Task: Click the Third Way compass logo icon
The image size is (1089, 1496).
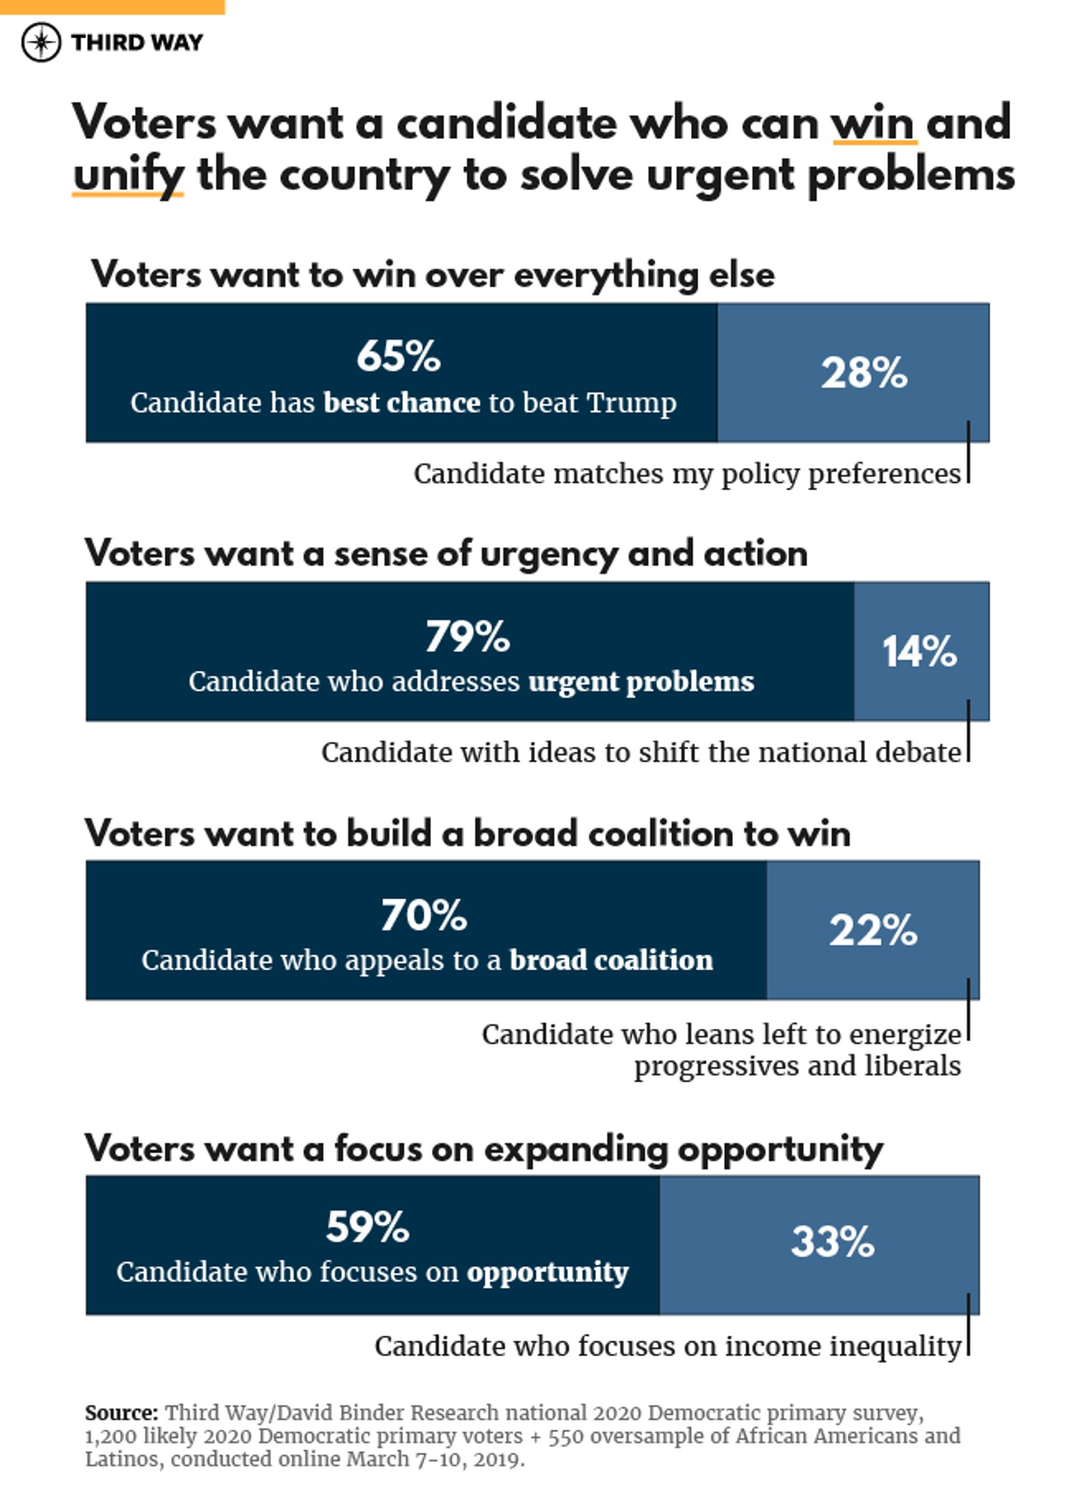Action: [x=41, y=43]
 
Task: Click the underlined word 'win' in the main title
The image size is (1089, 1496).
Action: [x=873, y=123]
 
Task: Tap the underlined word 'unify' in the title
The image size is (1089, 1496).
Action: [x=128, y=177]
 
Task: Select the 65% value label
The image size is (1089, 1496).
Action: [x=398, y=356]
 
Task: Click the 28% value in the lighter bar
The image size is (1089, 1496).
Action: [x=864, y=372]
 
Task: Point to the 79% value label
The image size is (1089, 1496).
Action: [x=467, y=637]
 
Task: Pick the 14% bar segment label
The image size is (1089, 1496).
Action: [x=920, y=652]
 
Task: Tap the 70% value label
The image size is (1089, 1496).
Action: [x=424, y=915]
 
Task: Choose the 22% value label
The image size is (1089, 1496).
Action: [x=873, y=930]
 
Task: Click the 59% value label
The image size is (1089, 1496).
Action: [x=367, y=1227]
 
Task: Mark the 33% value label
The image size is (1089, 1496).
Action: [x=832, y=1242]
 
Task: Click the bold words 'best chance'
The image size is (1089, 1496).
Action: [x=402, y=403]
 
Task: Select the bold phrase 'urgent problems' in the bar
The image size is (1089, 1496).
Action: [x=641, y=682]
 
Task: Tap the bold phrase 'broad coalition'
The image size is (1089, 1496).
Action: [x=611, y=960]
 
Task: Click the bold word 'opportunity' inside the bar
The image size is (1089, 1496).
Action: [x=547, y=1272]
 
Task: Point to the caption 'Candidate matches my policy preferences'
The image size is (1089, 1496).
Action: [x=687, y=474]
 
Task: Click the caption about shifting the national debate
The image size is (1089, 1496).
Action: [x=640, y=753]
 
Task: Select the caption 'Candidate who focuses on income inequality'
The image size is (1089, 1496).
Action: [x=667, y=1347]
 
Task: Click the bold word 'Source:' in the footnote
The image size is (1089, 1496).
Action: [x=121, y=1413]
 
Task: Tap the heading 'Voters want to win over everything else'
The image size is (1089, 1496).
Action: [x=433, y=275]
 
